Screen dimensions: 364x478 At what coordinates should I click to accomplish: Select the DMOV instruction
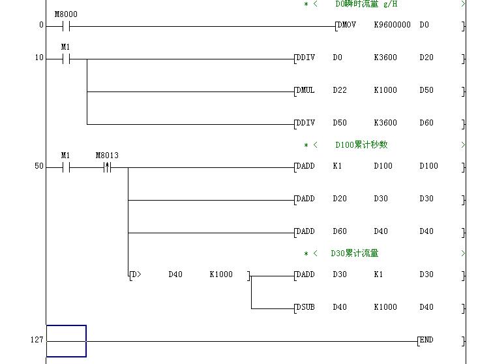tap(346, 25)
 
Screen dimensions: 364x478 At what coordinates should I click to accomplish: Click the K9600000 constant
tap(392, 25)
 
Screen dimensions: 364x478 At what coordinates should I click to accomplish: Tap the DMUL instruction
tap(305, 90)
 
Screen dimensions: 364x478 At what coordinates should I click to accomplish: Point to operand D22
tap(340, 90)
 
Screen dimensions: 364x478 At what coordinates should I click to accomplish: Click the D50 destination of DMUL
tap(426, 90)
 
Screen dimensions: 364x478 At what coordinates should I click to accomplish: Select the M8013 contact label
tap(107, 156)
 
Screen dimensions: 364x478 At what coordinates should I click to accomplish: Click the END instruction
tap(426, 340)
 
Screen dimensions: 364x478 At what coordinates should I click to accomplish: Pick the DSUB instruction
tap(305, 307)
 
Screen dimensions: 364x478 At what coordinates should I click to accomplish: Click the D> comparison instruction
tap(136, 274)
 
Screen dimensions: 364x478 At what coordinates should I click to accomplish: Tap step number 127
tap(37, 340)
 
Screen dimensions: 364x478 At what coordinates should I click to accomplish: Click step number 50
tap(39, 166)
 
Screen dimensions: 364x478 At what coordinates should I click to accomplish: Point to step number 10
tap(39, 58)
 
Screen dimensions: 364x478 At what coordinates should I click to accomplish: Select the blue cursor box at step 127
tap(66, 341)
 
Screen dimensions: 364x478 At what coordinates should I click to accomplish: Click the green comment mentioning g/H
tap(366, 4)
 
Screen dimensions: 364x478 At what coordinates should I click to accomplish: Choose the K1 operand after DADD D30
tap(379, 274)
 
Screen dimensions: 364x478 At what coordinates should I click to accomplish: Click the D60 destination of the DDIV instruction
tap(426, 123)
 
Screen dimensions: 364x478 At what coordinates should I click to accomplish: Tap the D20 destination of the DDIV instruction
tap(426, 58)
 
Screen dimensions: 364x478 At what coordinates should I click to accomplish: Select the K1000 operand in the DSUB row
tap(385, 307)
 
